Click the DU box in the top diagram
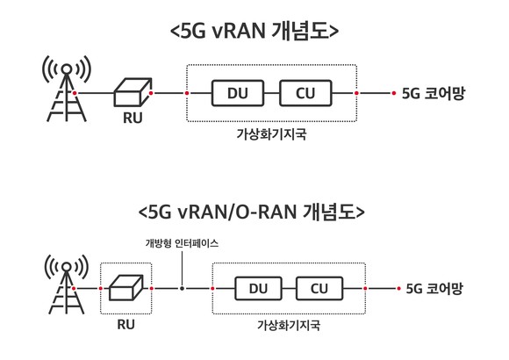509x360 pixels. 238,93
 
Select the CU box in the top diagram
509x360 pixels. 305,93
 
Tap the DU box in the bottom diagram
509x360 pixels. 258,288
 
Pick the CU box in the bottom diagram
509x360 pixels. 319,288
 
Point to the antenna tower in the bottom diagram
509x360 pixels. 66,287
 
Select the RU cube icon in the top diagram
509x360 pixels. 133,92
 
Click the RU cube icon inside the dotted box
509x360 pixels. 125,288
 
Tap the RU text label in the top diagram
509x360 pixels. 133,118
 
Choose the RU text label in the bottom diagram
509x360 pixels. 125,324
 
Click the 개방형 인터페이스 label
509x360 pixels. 182,243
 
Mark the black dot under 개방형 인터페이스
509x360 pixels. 183,288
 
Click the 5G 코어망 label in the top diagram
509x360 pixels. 434,94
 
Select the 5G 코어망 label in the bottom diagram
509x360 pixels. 434,289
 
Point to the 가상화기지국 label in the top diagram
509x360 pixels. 271,134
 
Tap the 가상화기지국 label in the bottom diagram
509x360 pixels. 289,325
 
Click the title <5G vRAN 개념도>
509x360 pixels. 254,32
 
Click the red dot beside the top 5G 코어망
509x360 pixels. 394,93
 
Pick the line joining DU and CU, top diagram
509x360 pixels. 272,93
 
